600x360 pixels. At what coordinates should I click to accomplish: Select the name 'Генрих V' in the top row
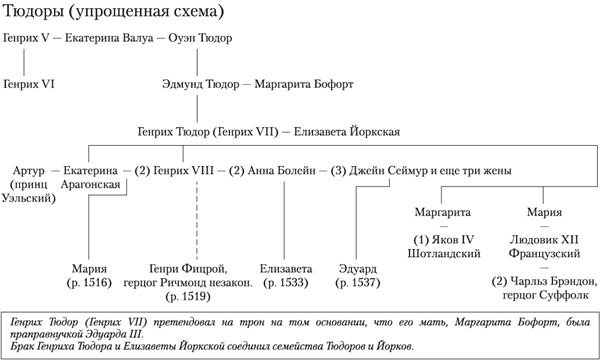28,39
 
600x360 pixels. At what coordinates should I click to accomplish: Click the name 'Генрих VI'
30,85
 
